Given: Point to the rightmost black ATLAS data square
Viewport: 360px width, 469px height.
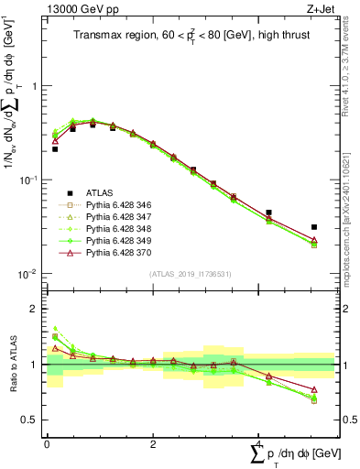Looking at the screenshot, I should click(x=313, y=227).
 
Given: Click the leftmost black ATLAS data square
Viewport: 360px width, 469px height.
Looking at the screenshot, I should click(x=55, y=148).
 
